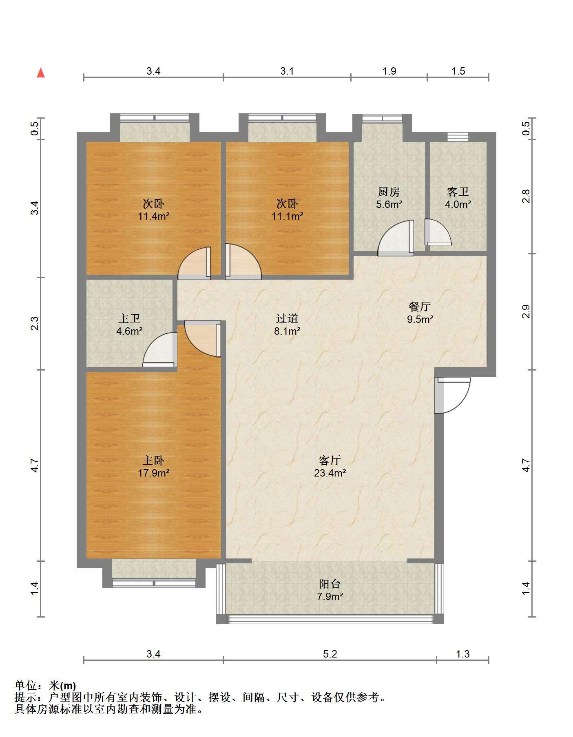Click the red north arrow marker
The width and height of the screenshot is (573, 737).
tap(41, 73)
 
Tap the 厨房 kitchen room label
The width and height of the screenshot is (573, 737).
tap(389, 192)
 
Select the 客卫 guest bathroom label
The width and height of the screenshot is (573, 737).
tap(458, 192)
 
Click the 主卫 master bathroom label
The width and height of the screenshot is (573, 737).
tap(129, 318)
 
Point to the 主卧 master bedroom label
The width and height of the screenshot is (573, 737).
tap(153, 461)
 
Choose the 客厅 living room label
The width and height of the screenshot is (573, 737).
tap(330, 461)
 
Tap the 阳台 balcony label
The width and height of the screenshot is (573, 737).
tap(330, 584)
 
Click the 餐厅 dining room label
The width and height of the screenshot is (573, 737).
tap(420, 307)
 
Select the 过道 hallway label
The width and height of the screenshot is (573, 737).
tap(287, 318)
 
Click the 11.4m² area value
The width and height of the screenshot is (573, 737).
tap(153, 216)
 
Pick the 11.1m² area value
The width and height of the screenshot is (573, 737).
tap(287, 216)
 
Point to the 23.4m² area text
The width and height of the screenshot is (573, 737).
tap(330, 473)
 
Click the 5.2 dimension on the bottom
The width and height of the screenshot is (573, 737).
tap(330, 654)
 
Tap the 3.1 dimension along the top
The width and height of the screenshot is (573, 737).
tap(287, 71)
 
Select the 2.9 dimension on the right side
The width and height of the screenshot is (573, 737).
tap(526, 311)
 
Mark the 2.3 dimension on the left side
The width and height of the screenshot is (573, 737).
tap(35, 324)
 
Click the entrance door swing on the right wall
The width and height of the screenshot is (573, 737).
tap(453, 396)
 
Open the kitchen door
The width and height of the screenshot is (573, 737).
tap(396, 238)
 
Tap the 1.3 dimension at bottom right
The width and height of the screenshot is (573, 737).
tap(462, 654)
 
